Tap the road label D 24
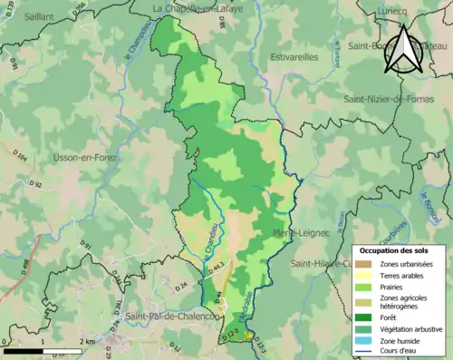(180, 286)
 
